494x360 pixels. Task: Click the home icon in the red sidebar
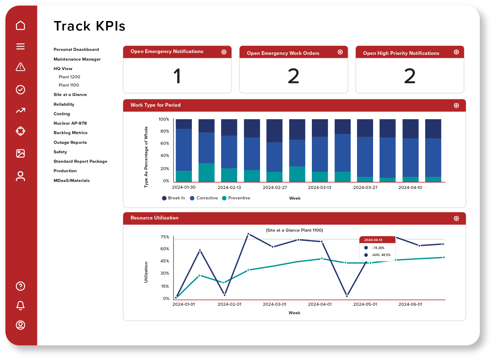20,25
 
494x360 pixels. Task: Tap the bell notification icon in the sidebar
20,305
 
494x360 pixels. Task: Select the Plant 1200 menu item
69,77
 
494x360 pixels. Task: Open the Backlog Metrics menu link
70,133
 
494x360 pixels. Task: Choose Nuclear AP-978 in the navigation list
70,123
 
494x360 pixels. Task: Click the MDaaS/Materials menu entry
72,180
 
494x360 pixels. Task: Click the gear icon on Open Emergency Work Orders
340,52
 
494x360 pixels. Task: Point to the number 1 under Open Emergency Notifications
177,76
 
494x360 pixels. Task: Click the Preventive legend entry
236,198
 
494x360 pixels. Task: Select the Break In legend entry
174,198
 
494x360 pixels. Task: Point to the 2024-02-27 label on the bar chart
275,187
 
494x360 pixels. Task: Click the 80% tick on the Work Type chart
165,131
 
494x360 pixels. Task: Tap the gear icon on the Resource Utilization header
456,219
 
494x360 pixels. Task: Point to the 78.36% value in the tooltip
378,248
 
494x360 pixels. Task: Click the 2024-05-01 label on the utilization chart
365,304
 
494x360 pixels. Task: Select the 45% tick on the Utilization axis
165,261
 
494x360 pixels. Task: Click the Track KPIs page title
90,26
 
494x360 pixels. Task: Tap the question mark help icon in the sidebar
20,286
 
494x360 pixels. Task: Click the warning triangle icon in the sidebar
20,67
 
